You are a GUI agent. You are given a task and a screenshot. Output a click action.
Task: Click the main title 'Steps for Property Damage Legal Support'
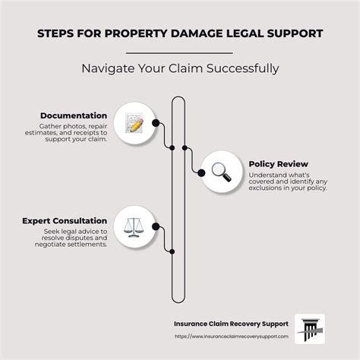(x=180, y=33)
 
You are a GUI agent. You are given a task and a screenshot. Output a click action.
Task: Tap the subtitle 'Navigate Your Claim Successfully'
(x=180, y=68)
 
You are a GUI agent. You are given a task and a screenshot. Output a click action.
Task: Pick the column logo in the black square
(x=309, y=329)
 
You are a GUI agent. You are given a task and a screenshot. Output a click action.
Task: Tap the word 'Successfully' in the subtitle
(x=242, y=68)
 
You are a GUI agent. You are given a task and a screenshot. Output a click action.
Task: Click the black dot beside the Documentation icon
(x=155, y=122)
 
